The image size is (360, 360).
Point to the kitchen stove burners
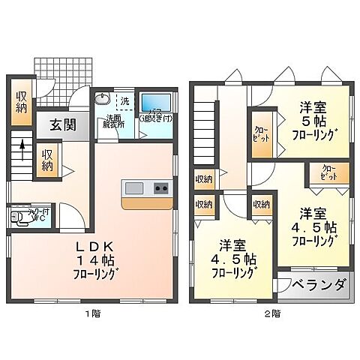162,187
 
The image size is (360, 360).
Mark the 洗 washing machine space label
125,100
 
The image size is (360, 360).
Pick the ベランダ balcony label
319,286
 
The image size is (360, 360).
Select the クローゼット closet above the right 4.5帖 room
328,172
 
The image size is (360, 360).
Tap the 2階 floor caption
271,312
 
